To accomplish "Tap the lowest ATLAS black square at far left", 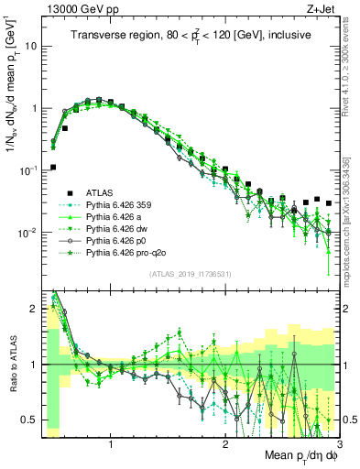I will tap(53, 167).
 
